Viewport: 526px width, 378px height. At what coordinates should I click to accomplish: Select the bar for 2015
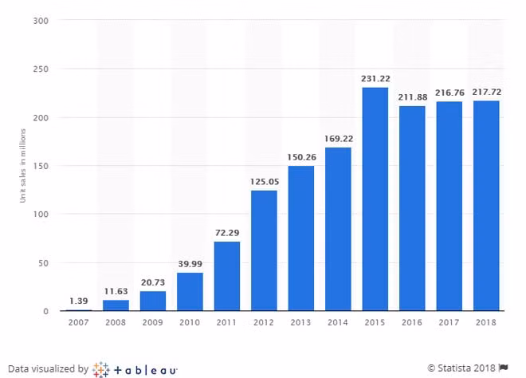[375, 199]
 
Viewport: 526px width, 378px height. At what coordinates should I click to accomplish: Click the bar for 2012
[264, 250]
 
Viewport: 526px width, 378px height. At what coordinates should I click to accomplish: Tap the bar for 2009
[152, 301]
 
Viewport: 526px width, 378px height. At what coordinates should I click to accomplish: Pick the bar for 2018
[485, 205]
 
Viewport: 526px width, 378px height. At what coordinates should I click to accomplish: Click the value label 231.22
[375, 79]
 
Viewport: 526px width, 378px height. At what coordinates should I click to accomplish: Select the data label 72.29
[227, 233]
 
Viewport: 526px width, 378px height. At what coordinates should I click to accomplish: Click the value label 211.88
[412, 98]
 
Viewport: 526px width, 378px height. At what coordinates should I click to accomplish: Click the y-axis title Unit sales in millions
[23, 167]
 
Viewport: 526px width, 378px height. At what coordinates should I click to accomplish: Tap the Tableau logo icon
[100, 368]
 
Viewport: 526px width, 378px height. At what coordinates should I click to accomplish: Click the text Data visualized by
[49, 369]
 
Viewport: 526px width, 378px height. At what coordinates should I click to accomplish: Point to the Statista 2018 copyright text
[461, 368]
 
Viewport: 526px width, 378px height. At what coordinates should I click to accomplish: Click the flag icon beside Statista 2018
[504, 368]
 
